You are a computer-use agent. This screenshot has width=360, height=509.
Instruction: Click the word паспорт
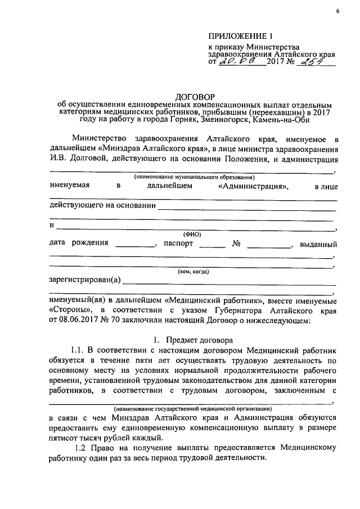click(178, 244)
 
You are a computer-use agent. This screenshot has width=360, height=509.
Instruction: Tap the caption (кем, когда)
click(193, 272)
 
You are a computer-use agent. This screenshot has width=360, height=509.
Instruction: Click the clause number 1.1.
click(78, 352)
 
